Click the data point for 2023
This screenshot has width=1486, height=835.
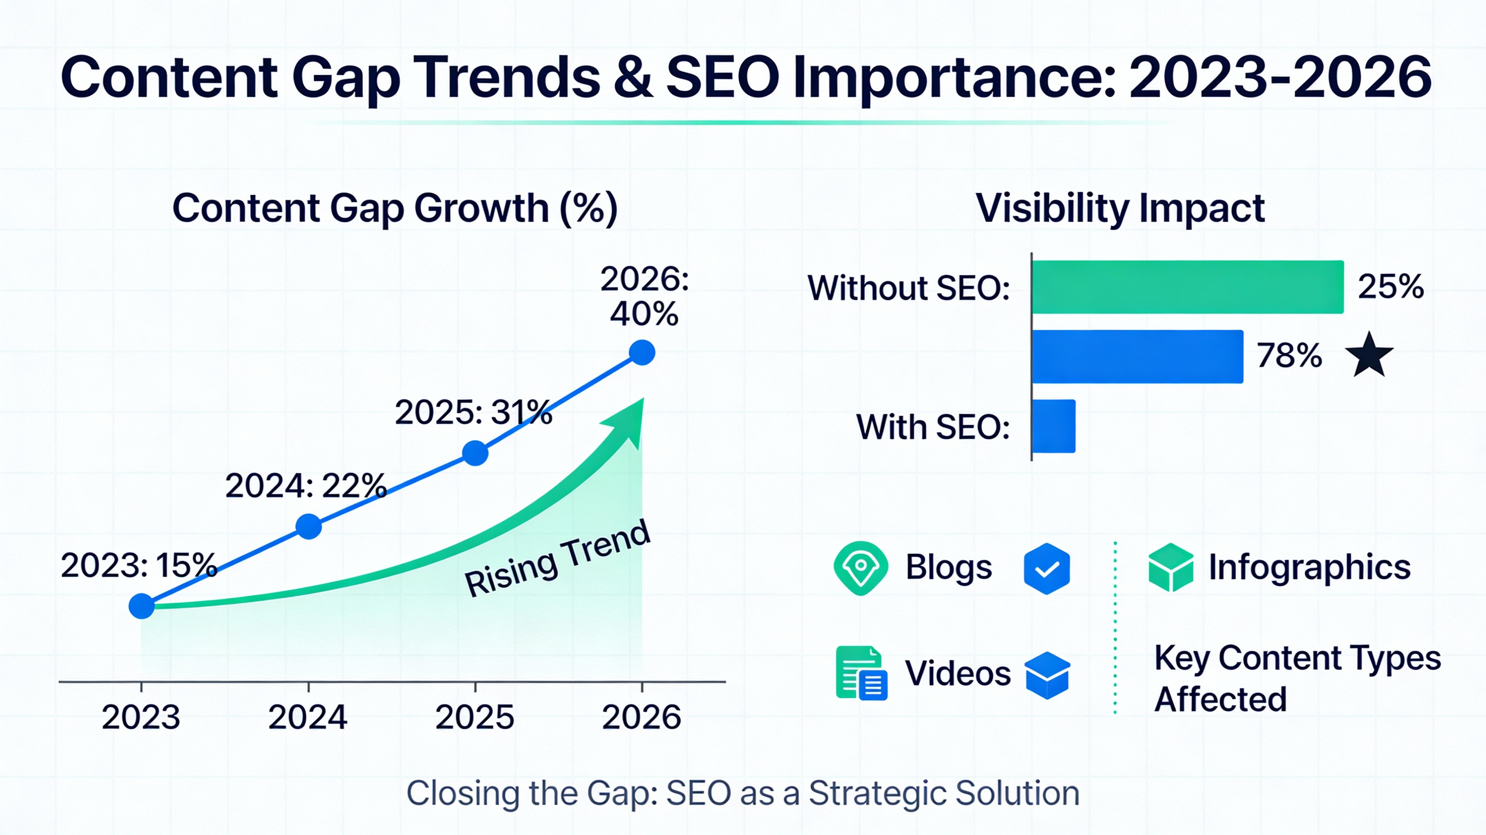(x=141, y=606)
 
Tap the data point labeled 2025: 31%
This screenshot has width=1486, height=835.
(x=475, y=453)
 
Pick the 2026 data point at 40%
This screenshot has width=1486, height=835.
(x=642, y=352)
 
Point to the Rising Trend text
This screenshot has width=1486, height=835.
(x=557, y=559)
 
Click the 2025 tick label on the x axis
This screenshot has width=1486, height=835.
(x=474, y=718)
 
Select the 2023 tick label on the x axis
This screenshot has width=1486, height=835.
(x=141, y=718)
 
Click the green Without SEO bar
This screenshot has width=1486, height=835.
(x=1187, y=287)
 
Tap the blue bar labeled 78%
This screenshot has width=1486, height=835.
(x=1137, y=356)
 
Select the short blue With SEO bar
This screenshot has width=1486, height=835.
(x=1053, y=426)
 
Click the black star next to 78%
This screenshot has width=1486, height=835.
(x=1369, y=355)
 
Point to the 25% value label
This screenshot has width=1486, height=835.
(x=1390, y=287)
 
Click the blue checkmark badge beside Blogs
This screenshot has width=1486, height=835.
(x=1047, y=568)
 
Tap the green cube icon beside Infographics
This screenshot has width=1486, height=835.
(x=1171, y=568)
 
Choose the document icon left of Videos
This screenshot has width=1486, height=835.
(x=861, y=673)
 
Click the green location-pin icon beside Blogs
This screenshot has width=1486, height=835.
(x=860, y=568)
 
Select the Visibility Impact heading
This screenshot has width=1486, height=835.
(x=1120, y=208)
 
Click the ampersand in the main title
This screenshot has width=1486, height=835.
(x=633, y=78)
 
